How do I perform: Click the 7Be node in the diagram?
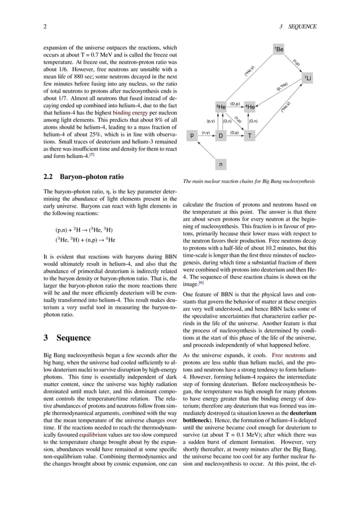(x=279, y=50)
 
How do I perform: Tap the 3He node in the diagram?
(x=221, y=107)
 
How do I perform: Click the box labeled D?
(x=221, y=135)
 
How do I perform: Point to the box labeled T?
(x=249, y=135)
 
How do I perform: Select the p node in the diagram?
(x=192, y=135)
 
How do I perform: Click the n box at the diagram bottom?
(x=221, y=164)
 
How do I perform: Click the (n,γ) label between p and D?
(x=206, y=133)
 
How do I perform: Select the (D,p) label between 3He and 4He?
(x=235, y=104)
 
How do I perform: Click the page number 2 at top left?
(x=45, y=27)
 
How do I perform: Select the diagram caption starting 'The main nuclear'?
(x=249, y=181)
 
